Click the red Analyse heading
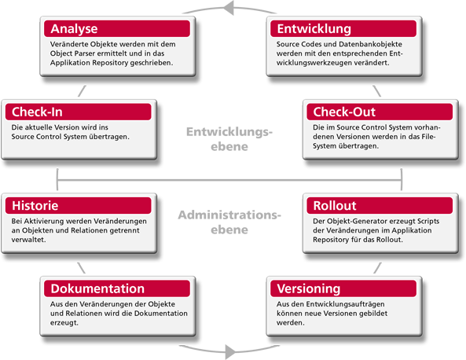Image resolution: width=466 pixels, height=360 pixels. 117,28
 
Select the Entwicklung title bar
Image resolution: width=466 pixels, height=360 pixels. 343,28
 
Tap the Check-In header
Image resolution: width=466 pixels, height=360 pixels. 78,112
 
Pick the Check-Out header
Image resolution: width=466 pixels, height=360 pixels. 380,112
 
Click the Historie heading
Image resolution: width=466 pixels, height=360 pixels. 78,205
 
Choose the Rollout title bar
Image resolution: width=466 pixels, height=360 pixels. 380,205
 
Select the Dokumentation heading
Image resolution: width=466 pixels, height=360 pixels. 117,288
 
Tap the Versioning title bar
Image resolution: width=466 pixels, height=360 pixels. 343,288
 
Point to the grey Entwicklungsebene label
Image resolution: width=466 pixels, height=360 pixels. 229,139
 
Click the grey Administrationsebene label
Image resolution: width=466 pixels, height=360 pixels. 229,222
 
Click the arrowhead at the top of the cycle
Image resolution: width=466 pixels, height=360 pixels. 229,8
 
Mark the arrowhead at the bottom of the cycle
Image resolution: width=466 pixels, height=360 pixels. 230,351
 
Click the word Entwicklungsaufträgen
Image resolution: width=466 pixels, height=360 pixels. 345,304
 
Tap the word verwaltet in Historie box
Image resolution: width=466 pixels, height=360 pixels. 28,240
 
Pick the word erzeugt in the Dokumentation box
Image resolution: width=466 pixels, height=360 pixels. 64,323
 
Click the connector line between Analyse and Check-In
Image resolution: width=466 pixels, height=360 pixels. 82,91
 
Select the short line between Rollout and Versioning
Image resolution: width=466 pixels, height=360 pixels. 377,268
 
